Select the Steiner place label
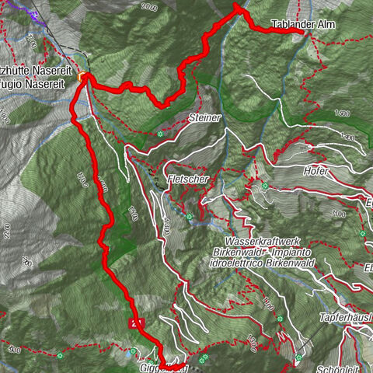(204, 117)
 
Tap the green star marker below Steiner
(159, 134)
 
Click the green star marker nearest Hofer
(264, 186)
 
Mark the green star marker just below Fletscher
(189, 216)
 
